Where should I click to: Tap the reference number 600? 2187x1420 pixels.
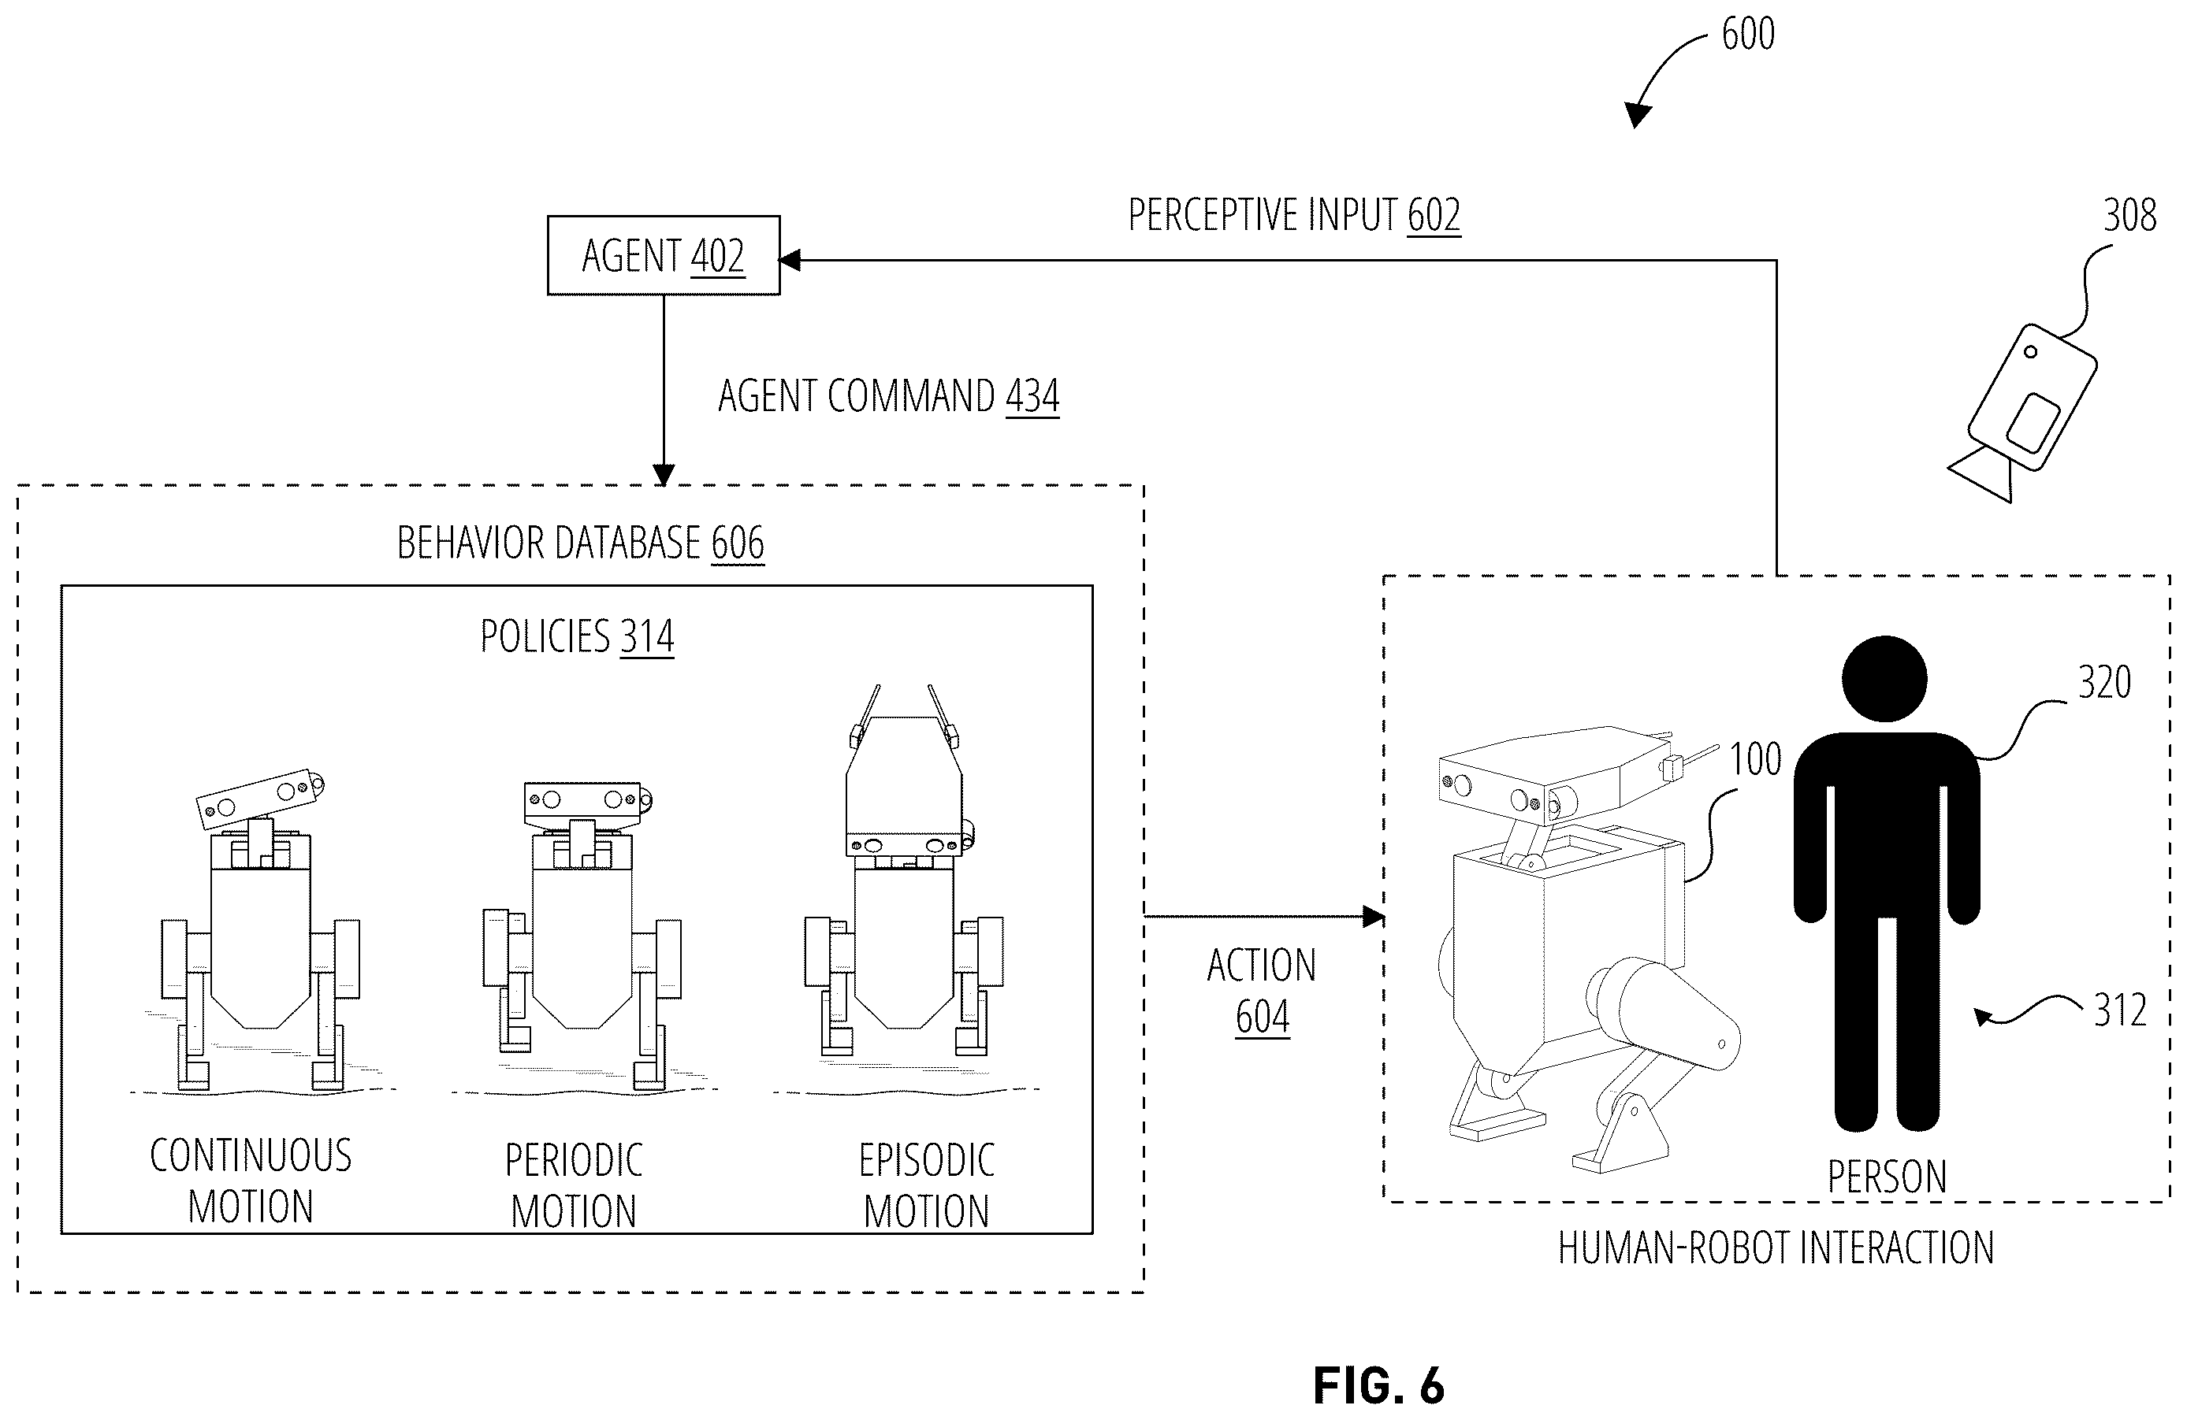(1748, 34)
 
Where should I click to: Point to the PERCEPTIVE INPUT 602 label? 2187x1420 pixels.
(1294, 215)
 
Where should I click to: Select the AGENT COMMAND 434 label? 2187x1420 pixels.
(888, 396)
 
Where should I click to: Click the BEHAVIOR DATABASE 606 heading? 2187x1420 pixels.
(581, 542)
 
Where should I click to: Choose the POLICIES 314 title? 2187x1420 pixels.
(577, 636)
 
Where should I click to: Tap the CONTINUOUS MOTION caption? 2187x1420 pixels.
(251, 1181)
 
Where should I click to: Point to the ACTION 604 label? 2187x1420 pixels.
(1262, 991)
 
